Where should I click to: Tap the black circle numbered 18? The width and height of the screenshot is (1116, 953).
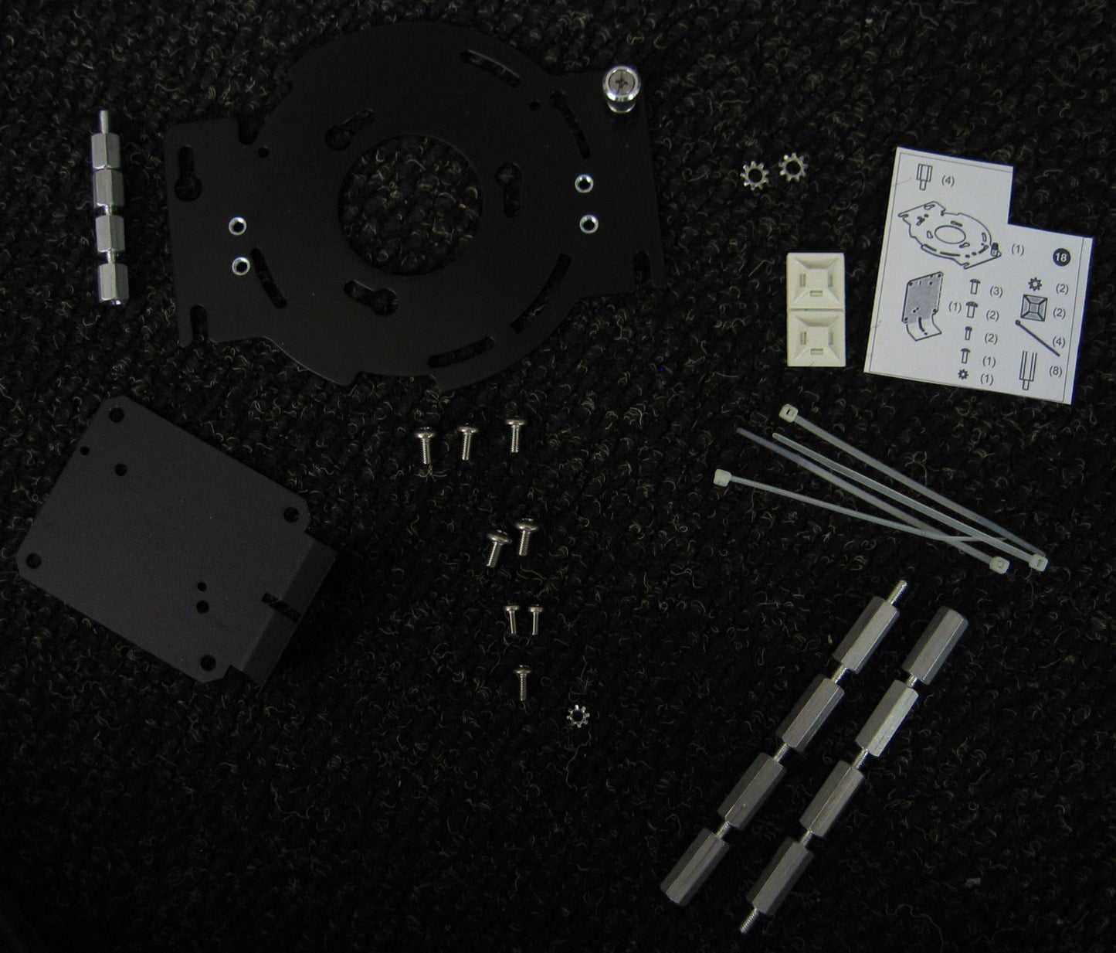[1061, 257]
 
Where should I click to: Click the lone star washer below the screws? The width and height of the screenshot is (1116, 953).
[578, 716]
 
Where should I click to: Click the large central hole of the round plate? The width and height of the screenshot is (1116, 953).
[410, 205]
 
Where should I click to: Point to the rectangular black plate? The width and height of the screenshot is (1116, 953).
[175, 540]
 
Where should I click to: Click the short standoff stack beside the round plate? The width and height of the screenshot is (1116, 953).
[109, 207]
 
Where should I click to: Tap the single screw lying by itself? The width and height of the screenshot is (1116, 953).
[522, 683]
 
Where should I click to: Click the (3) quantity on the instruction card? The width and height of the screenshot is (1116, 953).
[996, 291]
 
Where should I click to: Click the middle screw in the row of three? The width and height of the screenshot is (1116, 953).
[467, 442]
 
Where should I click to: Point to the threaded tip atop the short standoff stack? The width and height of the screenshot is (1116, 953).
[104, 121]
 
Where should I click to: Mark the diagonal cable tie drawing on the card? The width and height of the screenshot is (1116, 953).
[1037, 339]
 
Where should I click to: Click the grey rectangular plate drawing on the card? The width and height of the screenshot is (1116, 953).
[923, 306]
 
